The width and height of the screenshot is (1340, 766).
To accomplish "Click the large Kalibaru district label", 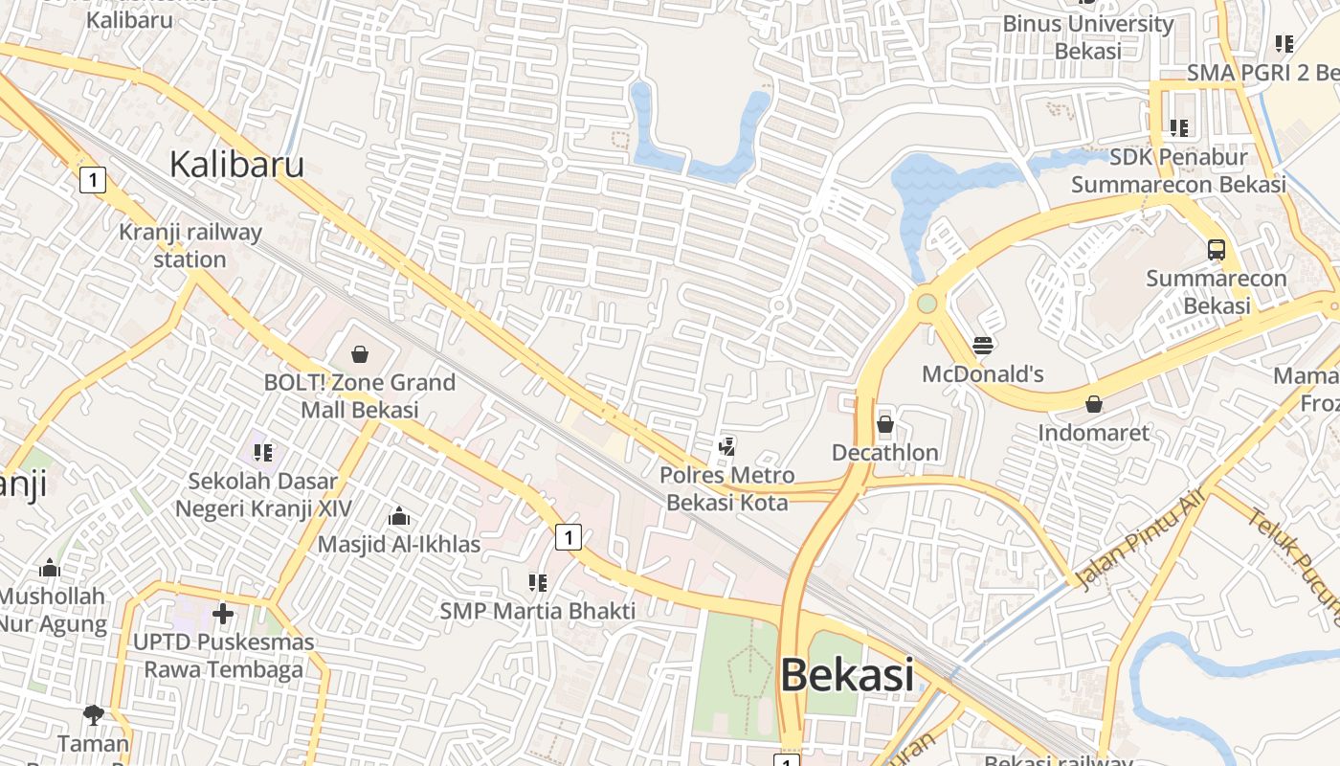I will click(x=236, y=165).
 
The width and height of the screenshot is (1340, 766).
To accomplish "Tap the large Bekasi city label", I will click(x=846, y=675).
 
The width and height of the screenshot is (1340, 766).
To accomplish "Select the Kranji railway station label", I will click(x=190, y=246).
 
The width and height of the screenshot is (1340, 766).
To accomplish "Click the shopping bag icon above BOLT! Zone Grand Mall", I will click(x=360, y=355).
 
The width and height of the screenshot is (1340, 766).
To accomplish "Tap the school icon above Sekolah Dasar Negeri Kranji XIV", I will click(x=263, y=452).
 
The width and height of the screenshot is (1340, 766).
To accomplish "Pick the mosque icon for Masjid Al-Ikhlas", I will click(x=399, y=517).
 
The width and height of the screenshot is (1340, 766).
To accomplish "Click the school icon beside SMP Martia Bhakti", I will click(x=537, y=582).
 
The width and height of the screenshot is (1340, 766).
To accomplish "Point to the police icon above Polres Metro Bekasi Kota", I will click(x=727, y=446).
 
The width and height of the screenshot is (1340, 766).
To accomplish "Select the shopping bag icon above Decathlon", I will click(x=885, y=423).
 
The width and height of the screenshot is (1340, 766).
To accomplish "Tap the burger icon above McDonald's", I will click(x=982, y=345).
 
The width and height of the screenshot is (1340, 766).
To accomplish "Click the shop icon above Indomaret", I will click(x=1094, y=405).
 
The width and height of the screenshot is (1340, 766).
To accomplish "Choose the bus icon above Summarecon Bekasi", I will click(x=1216, y=250).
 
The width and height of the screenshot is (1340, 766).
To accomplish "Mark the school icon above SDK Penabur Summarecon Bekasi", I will click(x=1179, y=127).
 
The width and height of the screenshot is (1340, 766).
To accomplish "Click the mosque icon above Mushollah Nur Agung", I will click(x=50, y=569).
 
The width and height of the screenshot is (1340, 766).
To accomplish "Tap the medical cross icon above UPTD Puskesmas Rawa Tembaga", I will click(x=223, y=613).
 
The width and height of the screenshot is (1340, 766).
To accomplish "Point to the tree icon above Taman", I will click(x=93, y=714).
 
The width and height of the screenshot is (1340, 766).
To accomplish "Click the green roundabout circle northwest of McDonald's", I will click(x=927, y=304).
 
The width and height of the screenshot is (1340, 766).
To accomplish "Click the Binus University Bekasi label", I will click(x=1088, y=36).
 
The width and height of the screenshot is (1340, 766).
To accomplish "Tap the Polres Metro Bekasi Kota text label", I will click(x=727, y=488).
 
